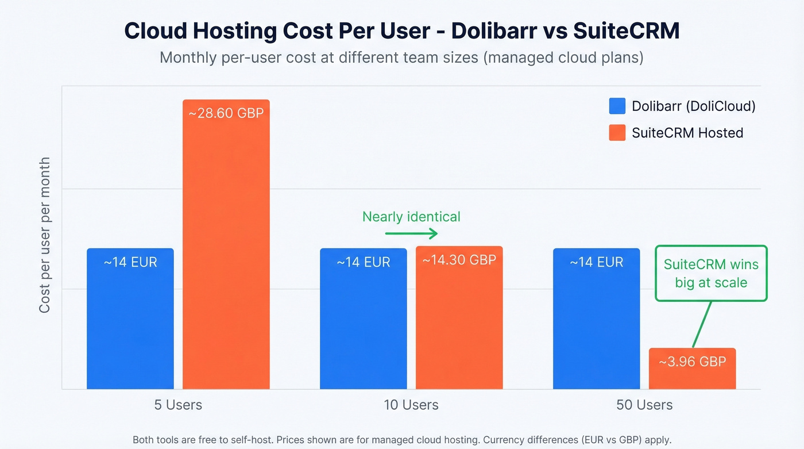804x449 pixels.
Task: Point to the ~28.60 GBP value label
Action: click(x=226, y=113)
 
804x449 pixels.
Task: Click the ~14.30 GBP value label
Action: click(x=459, y=260)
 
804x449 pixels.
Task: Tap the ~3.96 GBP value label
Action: click(x=692, y=362)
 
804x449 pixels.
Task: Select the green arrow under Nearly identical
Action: click(x=411, y=233)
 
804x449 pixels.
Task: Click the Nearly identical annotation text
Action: click(x=411, y=217)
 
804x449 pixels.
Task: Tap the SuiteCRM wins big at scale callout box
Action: click(x=711, y=273)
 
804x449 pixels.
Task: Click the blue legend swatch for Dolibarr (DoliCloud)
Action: click(x=617, y=106)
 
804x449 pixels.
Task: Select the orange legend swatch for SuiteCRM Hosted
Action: click(x=617, y=133)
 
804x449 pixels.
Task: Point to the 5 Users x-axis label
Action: click(x=178, y=405)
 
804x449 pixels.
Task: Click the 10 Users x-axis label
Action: click(x=411, y=405)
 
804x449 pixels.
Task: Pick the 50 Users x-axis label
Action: click(x=644, y=405)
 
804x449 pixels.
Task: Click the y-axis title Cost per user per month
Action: click(x=45, y=236)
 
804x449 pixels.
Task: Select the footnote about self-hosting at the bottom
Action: click(x=402, y=440)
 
